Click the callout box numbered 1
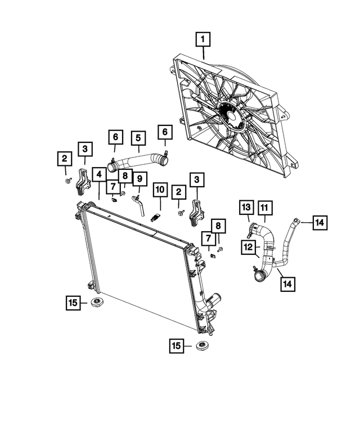(203, 39)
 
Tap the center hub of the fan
(232, 116)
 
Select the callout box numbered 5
(138, 138)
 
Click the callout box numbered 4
(99, 174)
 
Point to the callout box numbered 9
(139, 179)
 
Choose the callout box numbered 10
(160, 190)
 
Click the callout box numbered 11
(264, 208)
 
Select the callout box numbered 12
(248, 247)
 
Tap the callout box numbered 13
(246, 208)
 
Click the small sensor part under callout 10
(155, 218)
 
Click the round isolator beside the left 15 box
(97, 302)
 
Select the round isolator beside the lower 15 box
(202, 345)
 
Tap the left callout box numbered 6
(116, 137)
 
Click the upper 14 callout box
(320, 222)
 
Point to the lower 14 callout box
(288, 284)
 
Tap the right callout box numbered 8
(218, 226)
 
